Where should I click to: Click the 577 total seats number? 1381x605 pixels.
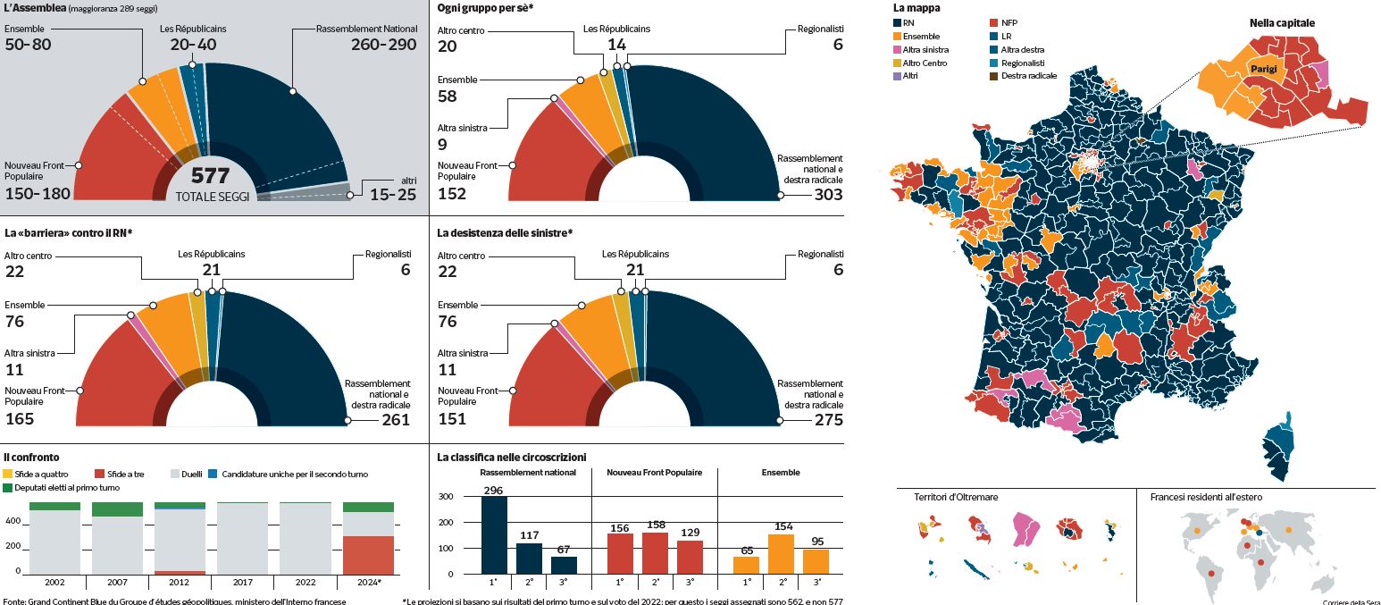(x=210, y=176)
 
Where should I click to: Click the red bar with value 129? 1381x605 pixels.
(x=689, y=557)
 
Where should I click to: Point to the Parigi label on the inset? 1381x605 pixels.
(x=1263, y=69)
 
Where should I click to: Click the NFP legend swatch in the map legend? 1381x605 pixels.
(x=995, y=21)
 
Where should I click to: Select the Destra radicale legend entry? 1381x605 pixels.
(x=1029, y=76)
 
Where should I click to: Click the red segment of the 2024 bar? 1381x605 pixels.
(x=368, y=554)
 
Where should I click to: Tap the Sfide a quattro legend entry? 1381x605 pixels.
(x=35, y=474)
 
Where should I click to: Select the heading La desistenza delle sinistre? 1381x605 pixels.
(x=505, y=233)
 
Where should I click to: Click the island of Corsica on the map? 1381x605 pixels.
(x=1281, y=447)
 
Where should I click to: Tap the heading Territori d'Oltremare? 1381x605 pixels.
(x=956, y=497)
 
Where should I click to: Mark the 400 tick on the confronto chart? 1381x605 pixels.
(x=13, y=521)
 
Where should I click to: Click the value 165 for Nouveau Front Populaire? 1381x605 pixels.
(x=20, y=419)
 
